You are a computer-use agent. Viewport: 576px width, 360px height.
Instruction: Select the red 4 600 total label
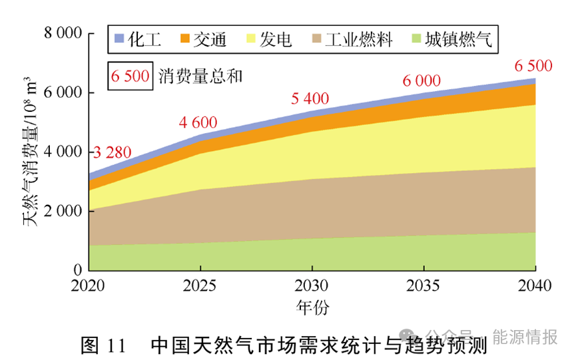(x=198, y=122)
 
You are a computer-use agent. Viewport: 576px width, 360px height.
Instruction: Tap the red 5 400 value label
(x=310, y=99)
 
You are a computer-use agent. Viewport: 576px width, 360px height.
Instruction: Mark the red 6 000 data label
(x=422, y=81)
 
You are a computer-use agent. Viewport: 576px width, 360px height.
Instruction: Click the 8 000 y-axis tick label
(x=62, y=33)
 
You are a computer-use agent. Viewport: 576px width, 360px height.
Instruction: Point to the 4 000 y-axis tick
(x=62, y=152)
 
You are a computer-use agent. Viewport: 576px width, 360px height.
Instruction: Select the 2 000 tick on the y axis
(x=62, y=211)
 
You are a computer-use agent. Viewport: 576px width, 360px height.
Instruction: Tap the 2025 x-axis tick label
(x=200, y=286)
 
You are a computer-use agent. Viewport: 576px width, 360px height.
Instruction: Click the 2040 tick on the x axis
(x=535, y=286)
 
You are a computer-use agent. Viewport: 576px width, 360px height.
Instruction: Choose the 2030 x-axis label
(x=311, y=286)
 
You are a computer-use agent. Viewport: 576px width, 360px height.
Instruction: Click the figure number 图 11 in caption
(x=103, y=345)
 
